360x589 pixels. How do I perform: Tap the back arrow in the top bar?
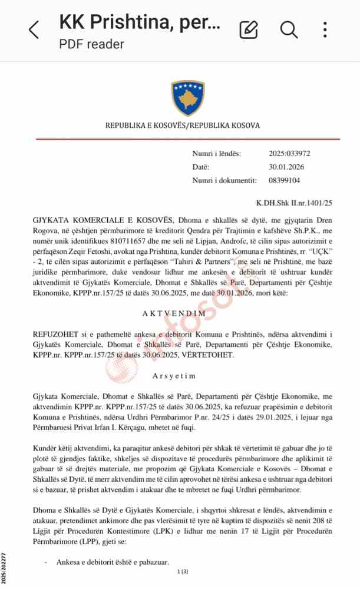tap(34, 29)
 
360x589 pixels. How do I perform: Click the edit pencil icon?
tap(249, 29)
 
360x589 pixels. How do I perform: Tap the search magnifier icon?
tap(289, 29)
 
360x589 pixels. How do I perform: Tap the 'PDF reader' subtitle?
tap(91, 44)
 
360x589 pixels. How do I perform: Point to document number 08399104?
tap(285, 180)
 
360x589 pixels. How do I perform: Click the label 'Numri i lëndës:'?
tap(216, 154)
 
